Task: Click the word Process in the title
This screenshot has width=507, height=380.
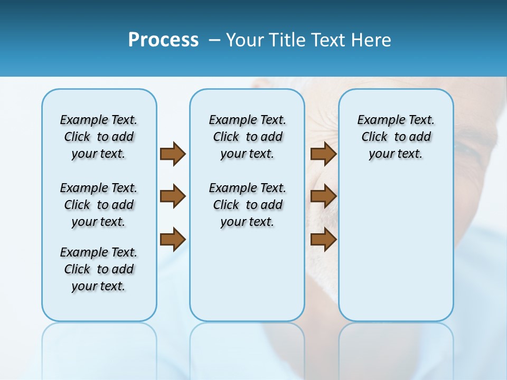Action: pos(163,40)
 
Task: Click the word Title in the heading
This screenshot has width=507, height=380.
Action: pos(286,40)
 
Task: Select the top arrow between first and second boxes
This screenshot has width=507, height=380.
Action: pos(173,154)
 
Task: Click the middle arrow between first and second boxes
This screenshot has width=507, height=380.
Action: pos(173,197)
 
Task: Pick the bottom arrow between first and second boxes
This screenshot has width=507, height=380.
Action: pos(173,239)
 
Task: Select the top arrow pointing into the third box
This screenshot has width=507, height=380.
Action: pos(323,154)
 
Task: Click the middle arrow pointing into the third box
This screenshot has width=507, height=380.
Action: pos(323,197)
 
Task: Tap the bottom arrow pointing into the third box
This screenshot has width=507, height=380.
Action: pos(323,239)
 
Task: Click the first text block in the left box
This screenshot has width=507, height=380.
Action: pos(99,137)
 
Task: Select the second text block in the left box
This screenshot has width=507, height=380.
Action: pos(99,205)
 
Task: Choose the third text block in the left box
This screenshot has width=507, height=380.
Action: pos(99,269)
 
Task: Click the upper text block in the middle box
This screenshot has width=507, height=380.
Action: pos(247,137)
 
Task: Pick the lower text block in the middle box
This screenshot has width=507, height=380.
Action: pos(247,205)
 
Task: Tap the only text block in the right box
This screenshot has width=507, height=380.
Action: pos(396,137)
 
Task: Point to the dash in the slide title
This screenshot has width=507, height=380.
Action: pos(214,41)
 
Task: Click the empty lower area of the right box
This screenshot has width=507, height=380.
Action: pos(396,253)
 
